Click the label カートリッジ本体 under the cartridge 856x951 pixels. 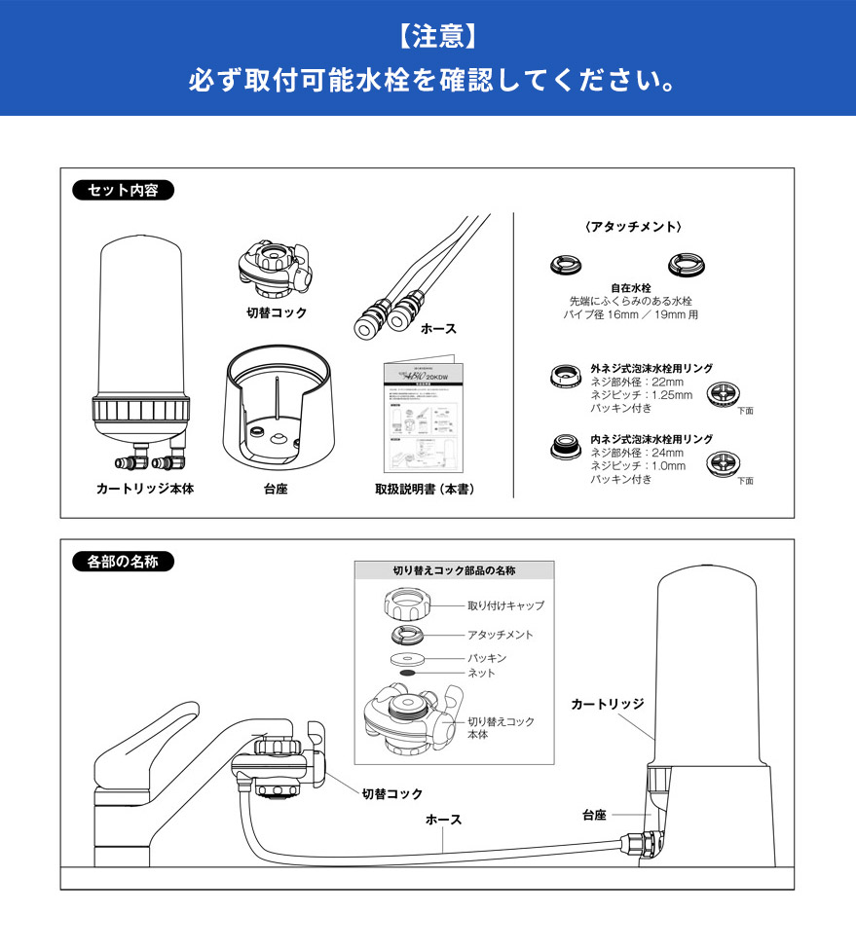tap(145, 489)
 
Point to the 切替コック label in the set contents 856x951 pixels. tap(276, 312)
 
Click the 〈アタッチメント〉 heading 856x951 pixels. tap(633, 226)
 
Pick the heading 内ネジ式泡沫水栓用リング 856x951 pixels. tap(651, 439)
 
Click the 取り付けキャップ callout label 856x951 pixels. tap(505, 605)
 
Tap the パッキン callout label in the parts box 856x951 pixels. tap(487, 658)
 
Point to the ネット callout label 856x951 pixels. tap(482, 673)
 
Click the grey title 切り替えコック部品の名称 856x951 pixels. tap(454, 570)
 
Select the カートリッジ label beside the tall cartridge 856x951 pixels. tap(607, 702)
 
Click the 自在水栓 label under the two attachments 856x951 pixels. tap(630, 288)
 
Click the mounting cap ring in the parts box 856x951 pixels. tap(410, 607)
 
